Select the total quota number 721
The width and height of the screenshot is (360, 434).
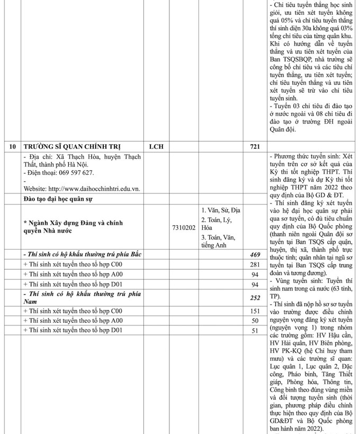point(256,145)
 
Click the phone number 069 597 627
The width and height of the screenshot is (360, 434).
point(71,173)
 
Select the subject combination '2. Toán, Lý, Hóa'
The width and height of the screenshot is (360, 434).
point(217,224)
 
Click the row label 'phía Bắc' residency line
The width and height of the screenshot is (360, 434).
point(82,254)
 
